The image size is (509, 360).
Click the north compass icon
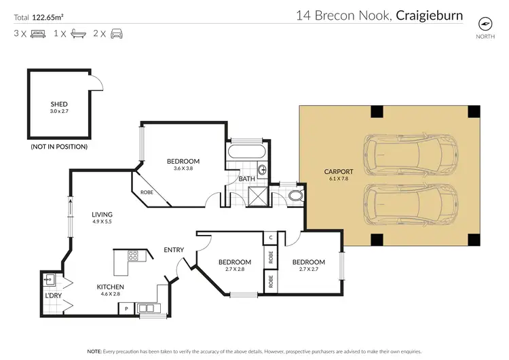click(485, 22)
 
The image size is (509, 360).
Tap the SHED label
click(59, 104)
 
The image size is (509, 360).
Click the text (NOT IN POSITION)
click(59, 146)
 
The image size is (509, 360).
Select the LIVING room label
click(102, 215)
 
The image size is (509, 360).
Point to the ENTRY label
click(174, 249)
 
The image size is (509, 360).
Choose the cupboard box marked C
click(270, 238)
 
